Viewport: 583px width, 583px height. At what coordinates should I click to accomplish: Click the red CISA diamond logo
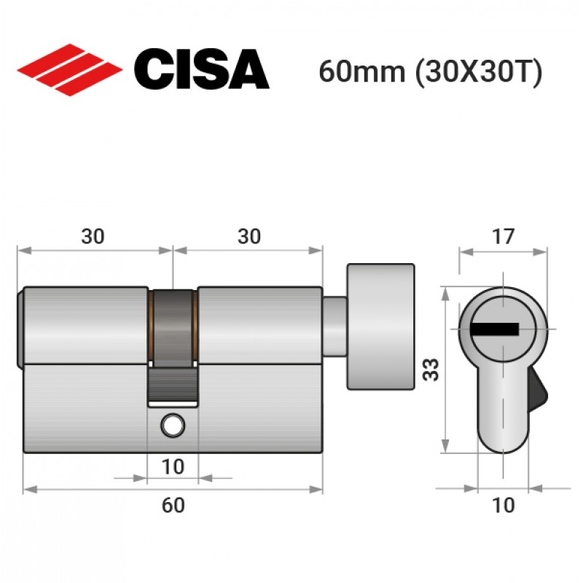pyautogui.click(x=70, y=69)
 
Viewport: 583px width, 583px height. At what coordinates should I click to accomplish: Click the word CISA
pyautogui.click(x=202, y=69)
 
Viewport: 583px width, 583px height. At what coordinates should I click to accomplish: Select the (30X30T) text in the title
pyautogui.click(x=479, y=72)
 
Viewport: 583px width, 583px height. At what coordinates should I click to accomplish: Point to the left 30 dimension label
pyautogui.click(x=93, y=236)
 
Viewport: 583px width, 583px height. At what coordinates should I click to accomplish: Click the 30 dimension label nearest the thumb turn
pyautogui.click(x=249, y=236)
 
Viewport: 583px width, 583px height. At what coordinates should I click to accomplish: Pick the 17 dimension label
pyautogui.click(x=503, y=236)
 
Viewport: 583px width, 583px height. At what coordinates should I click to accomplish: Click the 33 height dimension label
pyautogui.click(x=431, y=369)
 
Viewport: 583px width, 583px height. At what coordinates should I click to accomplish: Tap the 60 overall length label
pyautogui.click(x=173, y=505)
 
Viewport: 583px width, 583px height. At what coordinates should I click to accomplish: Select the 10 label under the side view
pyautogui.click(x=173, y=466)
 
